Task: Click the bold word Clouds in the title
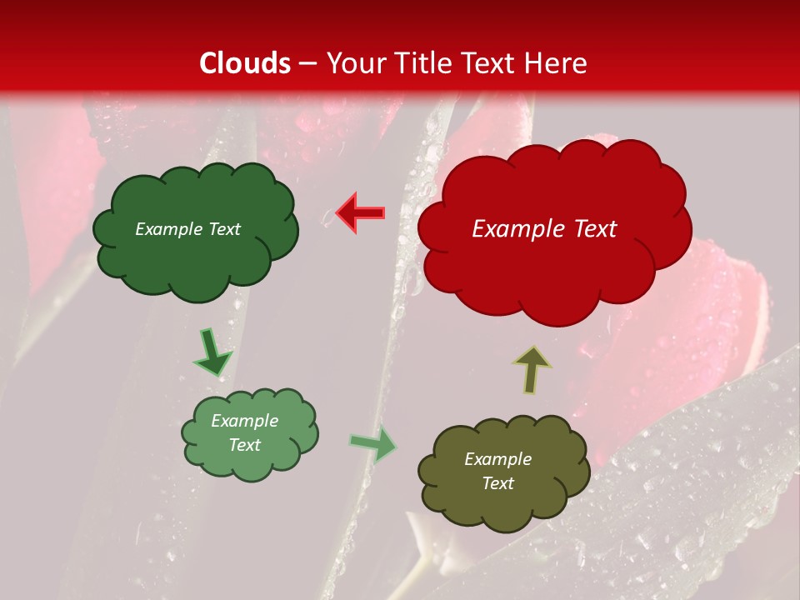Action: (245, 63)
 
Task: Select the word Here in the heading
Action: (557, 63)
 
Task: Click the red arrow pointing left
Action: (360, 213)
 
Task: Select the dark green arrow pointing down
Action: (212, 352)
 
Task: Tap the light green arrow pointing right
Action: (373, 444)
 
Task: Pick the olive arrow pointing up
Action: (532, 369)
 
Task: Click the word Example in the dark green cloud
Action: (167, 229)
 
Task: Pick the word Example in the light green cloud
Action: (244, 421)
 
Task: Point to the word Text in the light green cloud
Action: (244, 445)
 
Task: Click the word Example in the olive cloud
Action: (497, 459)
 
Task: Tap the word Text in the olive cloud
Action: (497, 483)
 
